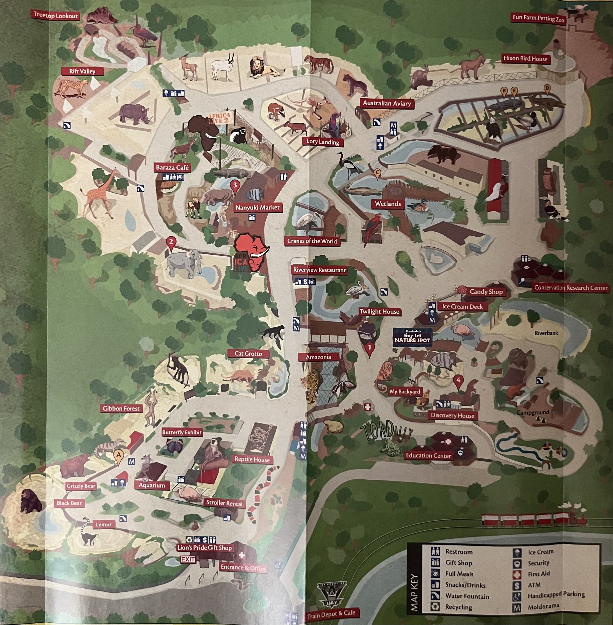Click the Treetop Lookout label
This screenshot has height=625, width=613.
pos(56,15)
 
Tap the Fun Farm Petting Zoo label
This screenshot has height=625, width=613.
pos(538,18)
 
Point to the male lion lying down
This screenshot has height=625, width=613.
pos(262,68)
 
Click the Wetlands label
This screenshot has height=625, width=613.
pos(388,204)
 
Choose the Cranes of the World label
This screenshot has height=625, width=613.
pos(312,241)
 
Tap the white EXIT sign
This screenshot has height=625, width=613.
pos(188,559)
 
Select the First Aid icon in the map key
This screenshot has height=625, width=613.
pos(517,574)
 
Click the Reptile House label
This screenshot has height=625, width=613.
pos(252,459)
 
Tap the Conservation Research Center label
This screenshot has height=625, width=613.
pos(570,288)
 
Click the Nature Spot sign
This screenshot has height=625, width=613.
pos(412,338)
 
